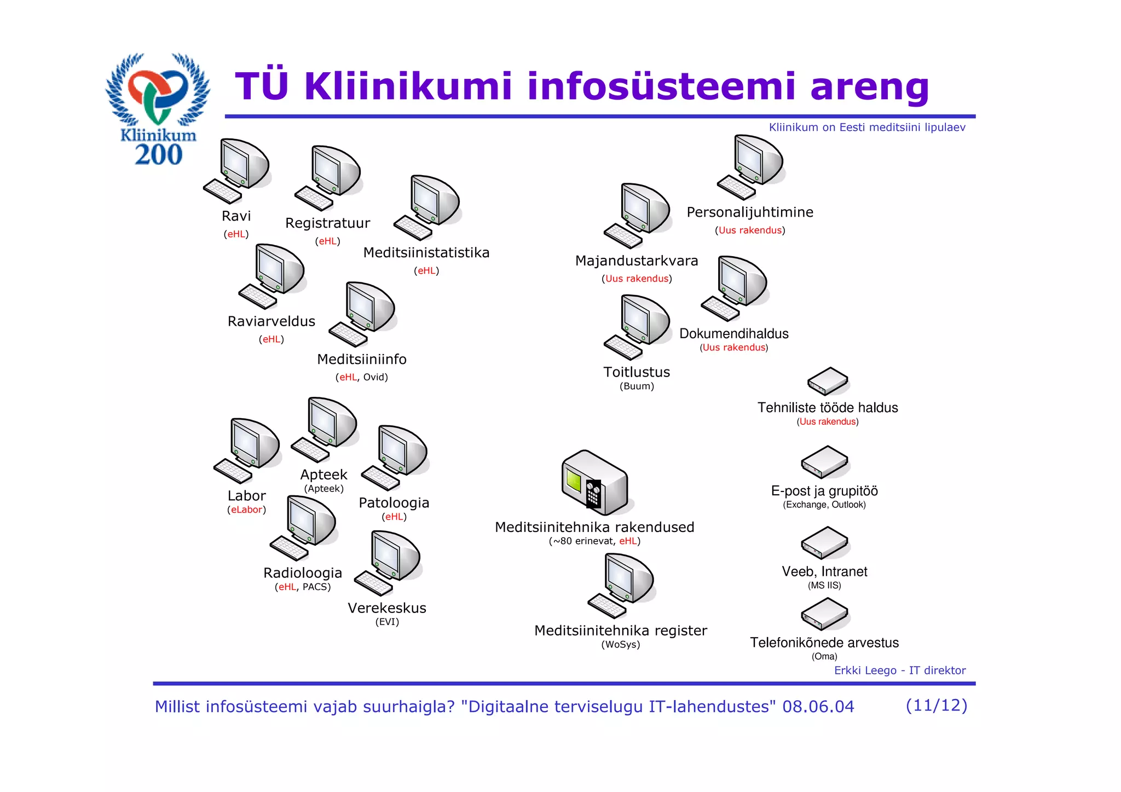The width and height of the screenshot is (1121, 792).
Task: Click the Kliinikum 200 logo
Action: [x=158, y=109]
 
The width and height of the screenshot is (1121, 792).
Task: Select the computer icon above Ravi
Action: [x=237, y=171]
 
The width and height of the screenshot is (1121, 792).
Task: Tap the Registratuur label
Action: [x=327, y=223]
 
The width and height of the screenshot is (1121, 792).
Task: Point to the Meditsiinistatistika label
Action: [x=426, y=253]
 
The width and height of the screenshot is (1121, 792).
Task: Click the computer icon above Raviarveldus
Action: [x=273, y=276]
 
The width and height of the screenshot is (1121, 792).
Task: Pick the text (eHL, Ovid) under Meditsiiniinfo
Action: [x=361, y=377]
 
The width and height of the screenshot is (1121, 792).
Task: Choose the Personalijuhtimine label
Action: [x=750, y=212]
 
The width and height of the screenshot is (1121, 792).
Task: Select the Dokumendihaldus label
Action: [x=734, y=334]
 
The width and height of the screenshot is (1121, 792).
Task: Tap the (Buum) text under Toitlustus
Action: [x=637, y=386]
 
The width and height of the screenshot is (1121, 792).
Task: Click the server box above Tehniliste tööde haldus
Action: [x=828, y=381]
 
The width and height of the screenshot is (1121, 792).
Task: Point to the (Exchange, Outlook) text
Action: [x=824, y=505]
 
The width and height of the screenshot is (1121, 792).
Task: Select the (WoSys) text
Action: [x=621, y=645]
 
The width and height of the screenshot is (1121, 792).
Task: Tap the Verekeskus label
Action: [x=387, y=608]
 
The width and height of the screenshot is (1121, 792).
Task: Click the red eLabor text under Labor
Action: [x=247, y=510]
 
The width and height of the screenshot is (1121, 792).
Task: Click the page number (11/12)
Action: [x=937, y=706]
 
